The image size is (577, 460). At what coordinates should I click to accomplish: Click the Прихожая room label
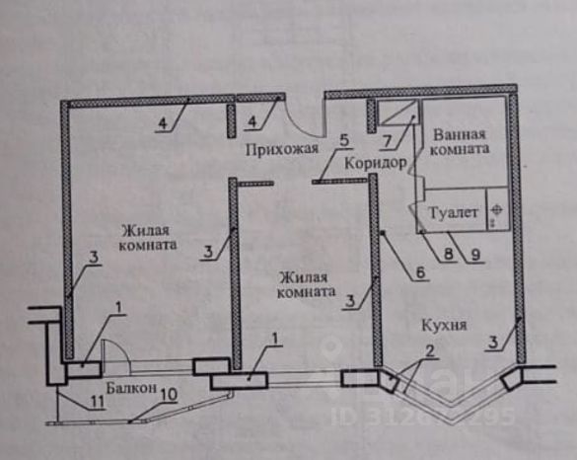coord(281,150)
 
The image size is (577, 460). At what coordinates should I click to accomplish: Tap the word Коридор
coord(376,163)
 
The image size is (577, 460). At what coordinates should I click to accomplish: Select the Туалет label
coord(454,213)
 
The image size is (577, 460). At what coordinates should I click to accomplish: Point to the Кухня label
coord(444,325)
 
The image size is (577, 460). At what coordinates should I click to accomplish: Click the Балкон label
coord(131,387)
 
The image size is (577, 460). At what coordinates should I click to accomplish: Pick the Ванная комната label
coord(460,142)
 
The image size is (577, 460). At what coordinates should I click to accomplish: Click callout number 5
coord(344,141)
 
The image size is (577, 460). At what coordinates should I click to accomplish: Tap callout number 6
coord(421,272)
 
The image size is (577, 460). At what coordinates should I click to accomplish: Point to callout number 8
coord(449,254)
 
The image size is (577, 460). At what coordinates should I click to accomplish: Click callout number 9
coord(475,255)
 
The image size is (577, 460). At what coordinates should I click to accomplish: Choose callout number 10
coord(169,395)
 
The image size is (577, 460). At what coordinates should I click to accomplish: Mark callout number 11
coord(98,402)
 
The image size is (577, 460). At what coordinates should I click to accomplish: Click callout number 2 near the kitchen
coord(429,351)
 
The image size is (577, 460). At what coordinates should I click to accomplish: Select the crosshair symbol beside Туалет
coord(496,210)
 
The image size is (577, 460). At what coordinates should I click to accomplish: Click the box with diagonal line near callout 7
coord(398,114)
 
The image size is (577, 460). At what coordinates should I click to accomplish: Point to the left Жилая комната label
coord(147,238)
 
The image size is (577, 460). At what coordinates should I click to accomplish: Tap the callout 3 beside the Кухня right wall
coord(493,343)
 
